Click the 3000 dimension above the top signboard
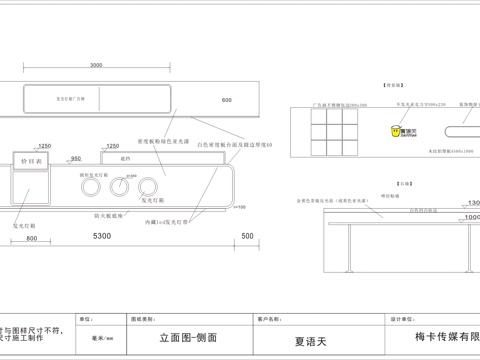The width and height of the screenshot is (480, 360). tap(95, 66)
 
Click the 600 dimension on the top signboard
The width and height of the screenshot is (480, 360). tap(226, 100)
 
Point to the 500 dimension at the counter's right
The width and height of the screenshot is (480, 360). tap(247, 238)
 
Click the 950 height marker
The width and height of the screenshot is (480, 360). tap(76, 159)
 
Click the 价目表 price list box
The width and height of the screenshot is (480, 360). tap(31, 160)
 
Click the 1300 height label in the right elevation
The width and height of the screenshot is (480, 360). tap(472, 203)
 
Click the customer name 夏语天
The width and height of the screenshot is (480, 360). tap(310, 339)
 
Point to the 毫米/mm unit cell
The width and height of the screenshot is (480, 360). tap(103, 339)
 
